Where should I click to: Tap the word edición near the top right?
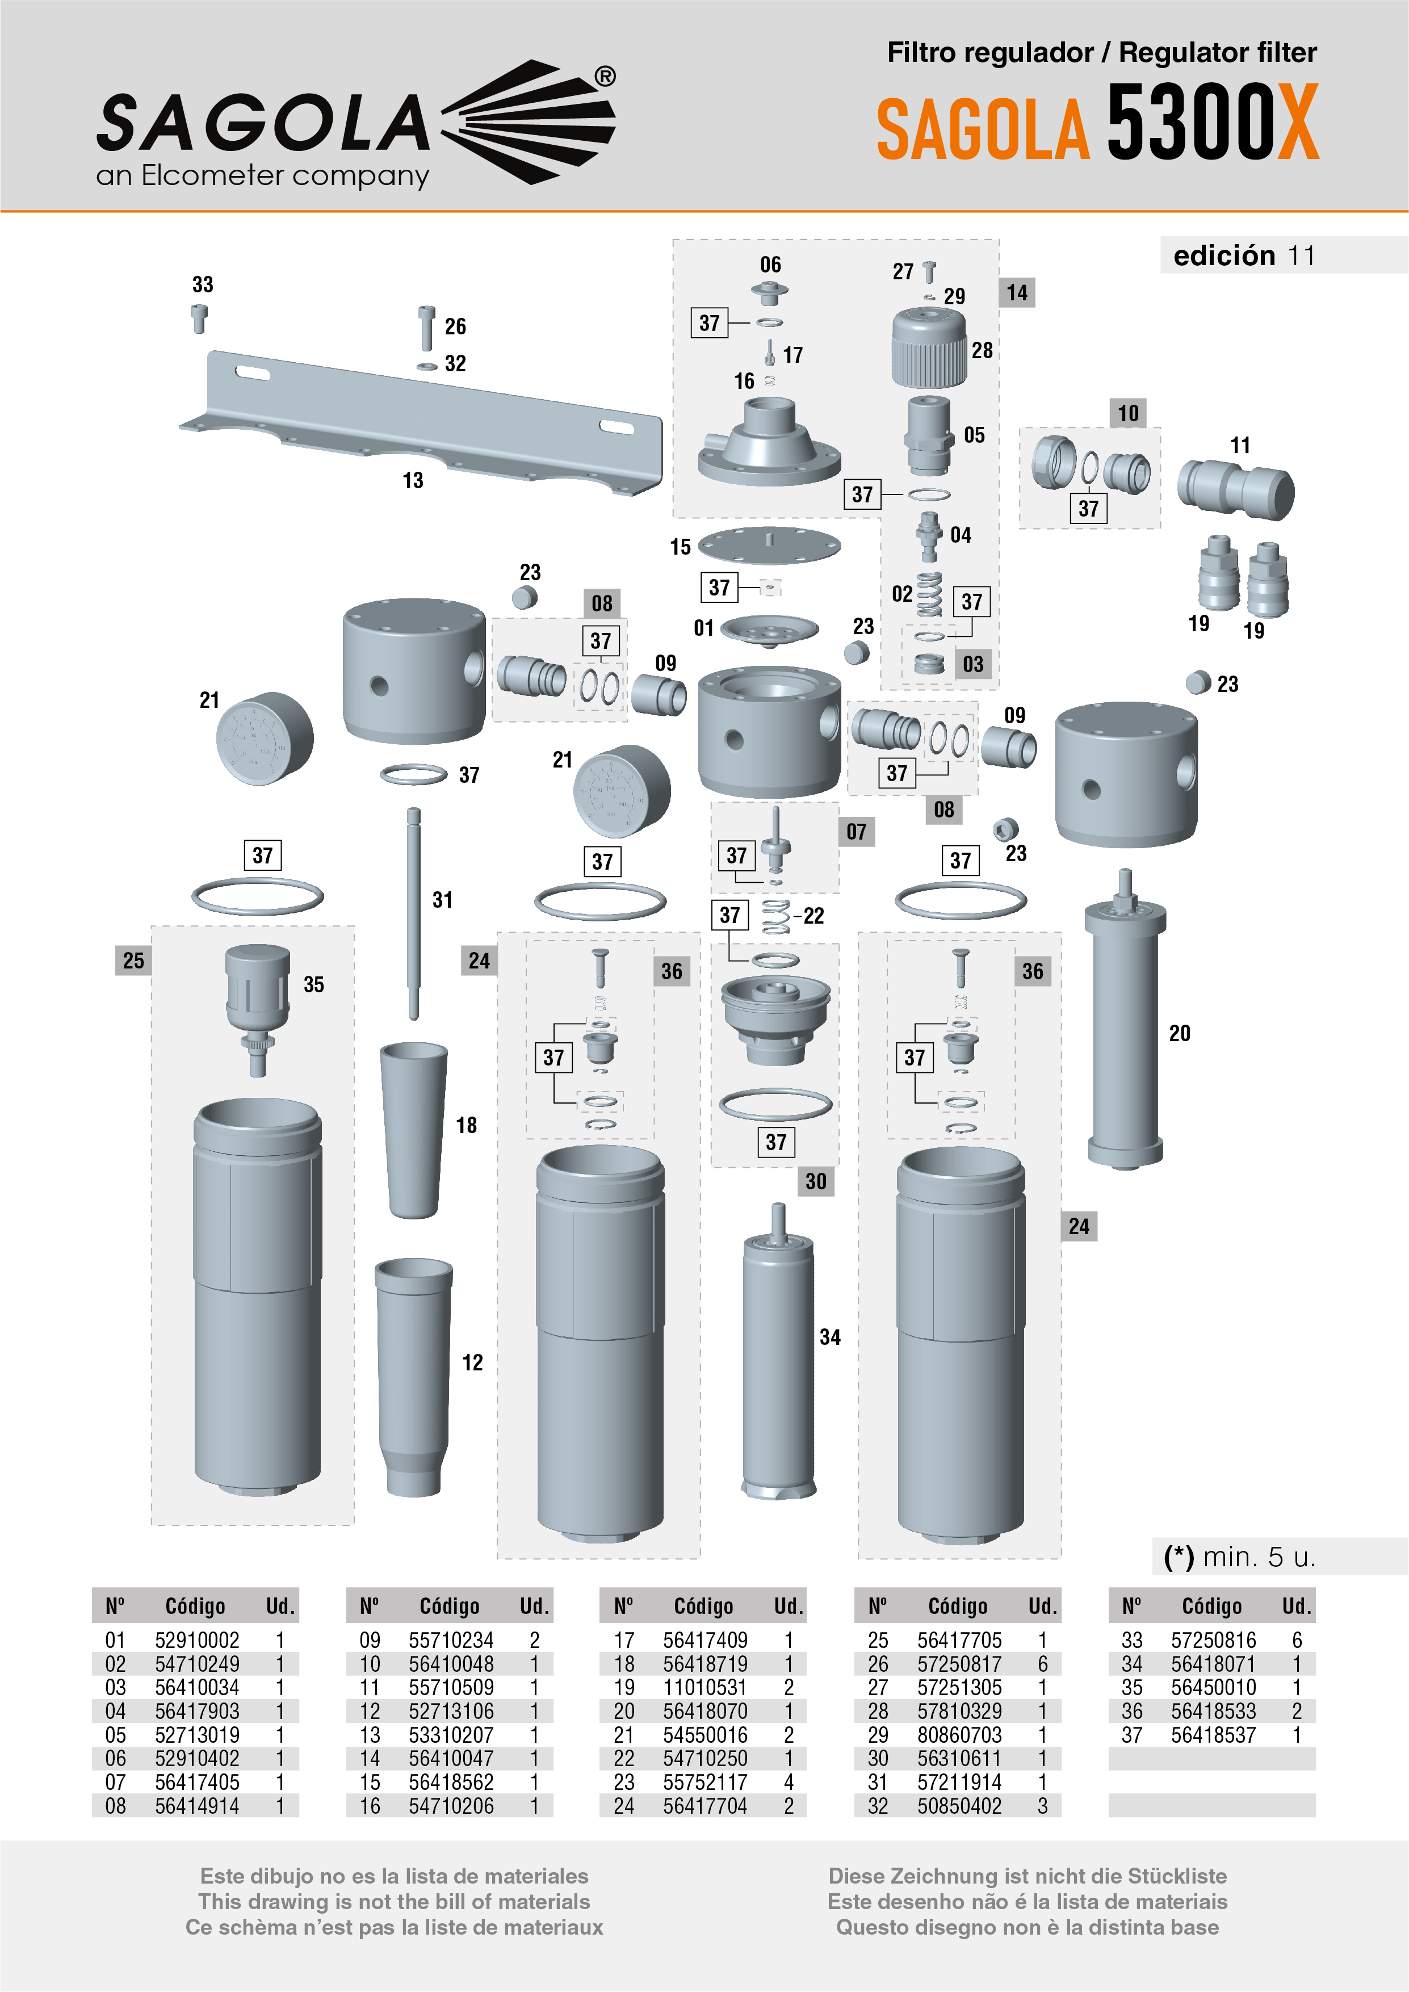[1223, 256]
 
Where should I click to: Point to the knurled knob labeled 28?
[928, 349]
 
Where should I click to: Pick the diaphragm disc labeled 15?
[769, 545]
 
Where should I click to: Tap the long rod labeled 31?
[414, 911]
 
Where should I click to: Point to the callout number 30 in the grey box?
[816, 1181]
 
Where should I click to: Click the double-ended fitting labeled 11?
[1235, 490]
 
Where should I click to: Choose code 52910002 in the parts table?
[197, 1641]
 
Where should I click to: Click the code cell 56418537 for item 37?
[1213, 1735]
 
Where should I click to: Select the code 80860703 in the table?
[959, 1735]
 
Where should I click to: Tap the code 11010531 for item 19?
[705, 1688]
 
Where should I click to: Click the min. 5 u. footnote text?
[1241, 1557]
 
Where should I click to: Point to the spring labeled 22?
[775, 917]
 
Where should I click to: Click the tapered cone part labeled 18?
[414, 1128]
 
